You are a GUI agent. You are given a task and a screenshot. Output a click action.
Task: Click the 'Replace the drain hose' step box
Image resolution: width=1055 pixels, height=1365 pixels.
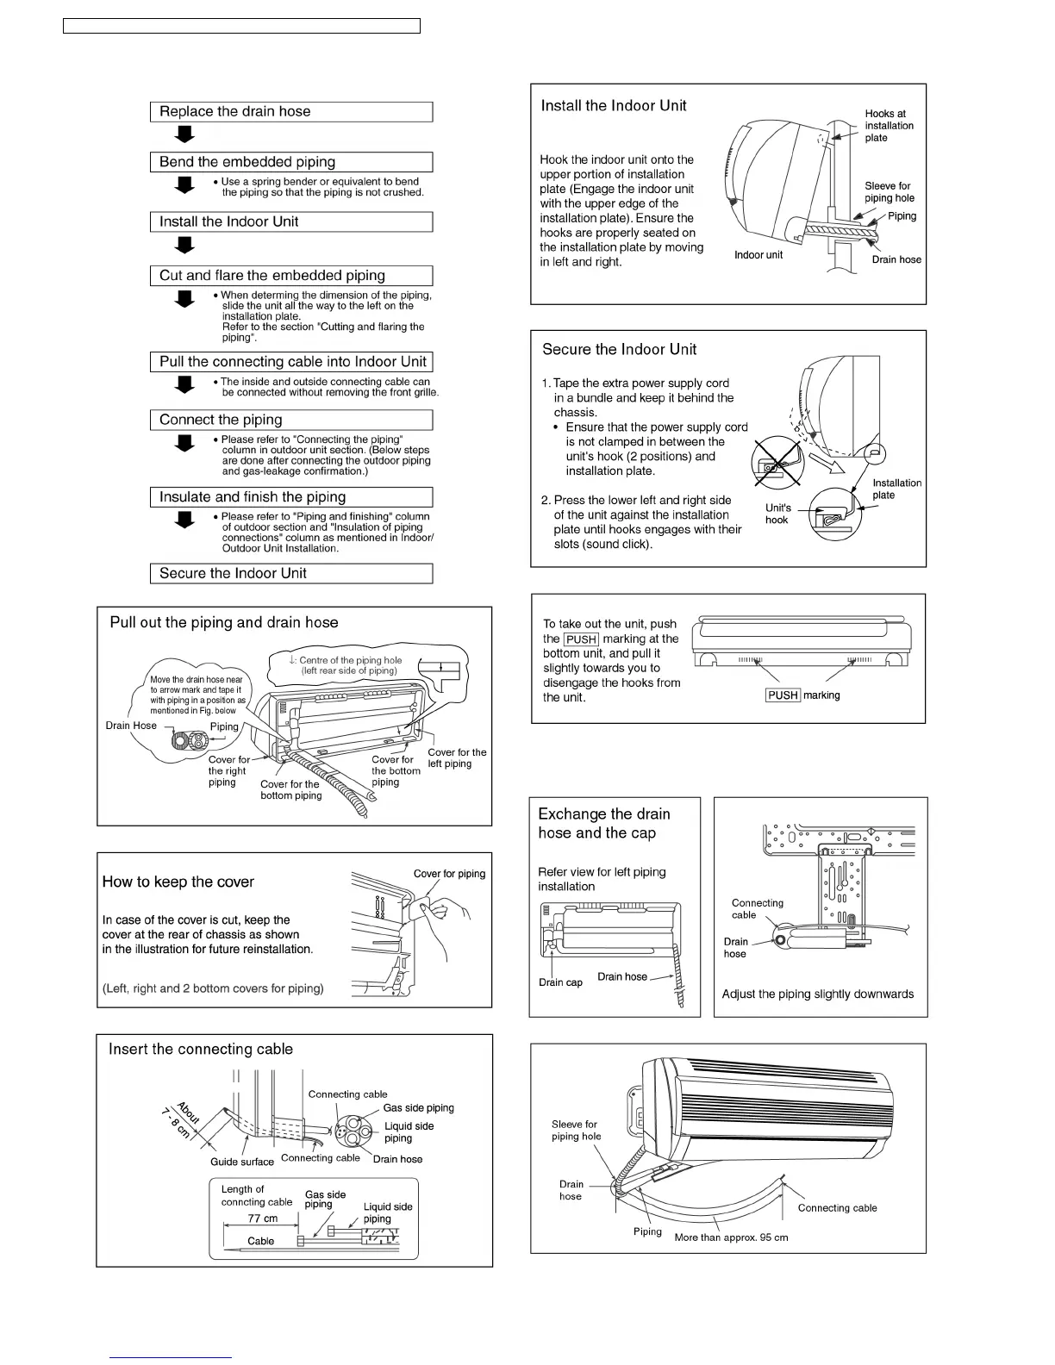[x=290, y=112]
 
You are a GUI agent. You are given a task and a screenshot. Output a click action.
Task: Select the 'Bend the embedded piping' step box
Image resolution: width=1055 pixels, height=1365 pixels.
[x=290, y=162]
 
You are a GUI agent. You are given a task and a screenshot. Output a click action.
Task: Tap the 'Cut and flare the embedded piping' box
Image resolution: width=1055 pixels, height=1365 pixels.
[x=290, y=276]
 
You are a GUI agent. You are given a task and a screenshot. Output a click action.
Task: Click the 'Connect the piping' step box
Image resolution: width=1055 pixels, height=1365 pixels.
[x=290, y=420]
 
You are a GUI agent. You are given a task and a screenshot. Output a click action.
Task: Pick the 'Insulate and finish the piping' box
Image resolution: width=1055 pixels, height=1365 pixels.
[x=290, y=497]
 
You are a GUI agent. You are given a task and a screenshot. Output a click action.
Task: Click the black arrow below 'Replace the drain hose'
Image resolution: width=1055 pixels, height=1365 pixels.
[x=184, y=134]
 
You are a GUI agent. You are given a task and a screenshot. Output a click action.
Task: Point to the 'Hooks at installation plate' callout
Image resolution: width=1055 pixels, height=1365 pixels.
[x=889, y=126]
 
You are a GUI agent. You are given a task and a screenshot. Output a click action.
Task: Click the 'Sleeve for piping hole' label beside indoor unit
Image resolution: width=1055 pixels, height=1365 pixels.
[x=889, y=192]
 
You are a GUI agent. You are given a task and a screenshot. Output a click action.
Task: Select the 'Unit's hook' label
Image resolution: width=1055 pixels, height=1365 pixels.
[x=777, y=514]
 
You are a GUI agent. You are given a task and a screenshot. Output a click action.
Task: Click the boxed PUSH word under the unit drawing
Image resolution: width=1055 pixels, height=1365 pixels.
[x=783, y=695]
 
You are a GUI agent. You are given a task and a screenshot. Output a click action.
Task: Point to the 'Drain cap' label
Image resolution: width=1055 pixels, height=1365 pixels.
[x=560, y=982]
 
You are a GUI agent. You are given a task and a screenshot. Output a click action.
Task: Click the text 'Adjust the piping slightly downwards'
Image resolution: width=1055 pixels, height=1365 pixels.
[x=817, y=994]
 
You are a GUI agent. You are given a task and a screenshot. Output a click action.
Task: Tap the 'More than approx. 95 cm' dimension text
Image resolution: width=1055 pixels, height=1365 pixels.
[x=731, y=1237]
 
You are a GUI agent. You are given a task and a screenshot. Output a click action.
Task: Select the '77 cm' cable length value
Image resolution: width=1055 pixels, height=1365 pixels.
[x=263, y=1219]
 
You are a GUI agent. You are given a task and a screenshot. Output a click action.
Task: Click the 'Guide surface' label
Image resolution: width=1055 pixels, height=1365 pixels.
[x=242, y=1162]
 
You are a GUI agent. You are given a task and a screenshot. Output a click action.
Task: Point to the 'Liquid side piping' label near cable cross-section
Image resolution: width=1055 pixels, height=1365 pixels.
[x=409, y=1132]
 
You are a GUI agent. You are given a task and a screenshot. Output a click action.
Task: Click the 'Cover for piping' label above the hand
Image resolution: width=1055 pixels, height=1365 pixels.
[x=449, y=874]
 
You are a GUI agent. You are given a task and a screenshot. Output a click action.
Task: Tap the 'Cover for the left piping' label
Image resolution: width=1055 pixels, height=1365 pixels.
[x=457, y=758]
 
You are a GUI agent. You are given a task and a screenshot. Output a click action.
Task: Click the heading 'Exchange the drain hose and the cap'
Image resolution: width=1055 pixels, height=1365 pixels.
[x=603, y=823]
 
